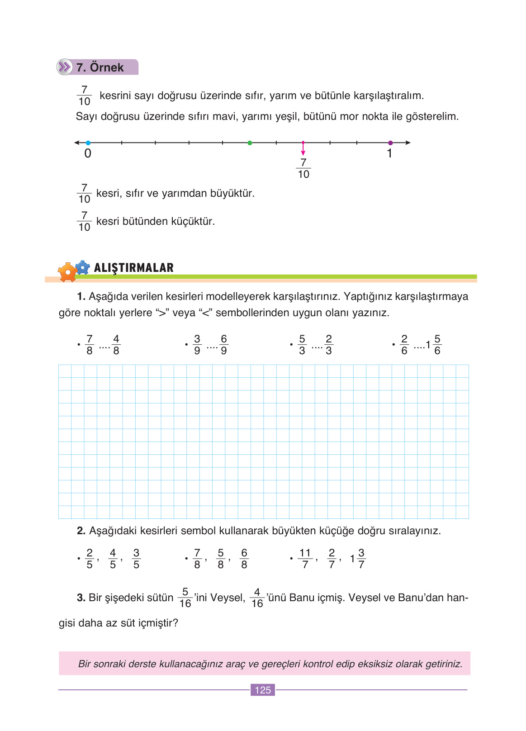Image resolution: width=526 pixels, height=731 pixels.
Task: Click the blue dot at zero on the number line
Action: [88, 143]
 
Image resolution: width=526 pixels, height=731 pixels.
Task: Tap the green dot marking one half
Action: [250, 143]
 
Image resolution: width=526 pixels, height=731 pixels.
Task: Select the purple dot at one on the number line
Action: [390, 143]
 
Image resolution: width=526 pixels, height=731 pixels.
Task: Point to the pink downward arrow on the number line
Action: [303, 149]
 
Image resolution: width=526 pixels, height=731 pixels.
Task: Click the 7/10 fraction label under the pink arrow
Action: [303, 168]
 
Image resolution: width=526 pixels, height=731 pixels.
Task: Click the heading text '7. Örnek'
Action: [100, 67]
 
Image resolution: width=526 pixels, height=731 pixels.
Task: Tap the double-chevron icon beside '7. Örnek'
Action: [65, 67]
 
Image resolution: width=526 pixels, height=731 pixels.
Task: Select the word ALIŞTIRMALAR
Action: [134, 268]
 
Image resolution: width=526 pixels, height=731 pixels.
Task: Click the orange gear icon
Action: [68, 272]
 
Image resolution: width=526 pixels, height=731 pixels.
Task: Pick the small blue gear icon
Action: [82, 267]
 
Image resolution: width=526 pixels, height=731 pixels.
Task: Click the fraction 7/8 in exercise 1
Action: [90, 345]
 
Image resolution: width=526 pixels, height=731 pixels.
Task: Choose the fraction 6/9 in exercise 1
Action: [223, 345]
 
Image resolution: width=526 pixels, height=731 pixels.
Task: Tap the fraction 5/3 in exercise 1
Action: [302, 345]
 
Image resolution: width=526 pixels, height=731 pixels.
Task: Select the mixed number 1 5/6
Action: [433, 345]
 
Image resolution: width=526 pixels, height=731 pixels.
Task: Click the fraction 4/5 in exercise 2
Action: [113, 559]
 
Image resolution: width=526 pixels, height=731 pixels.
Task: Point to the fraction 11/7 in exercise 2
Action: [305, 559]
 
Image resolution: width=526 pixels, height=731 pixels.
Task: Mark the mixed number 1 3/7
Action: [358, 559]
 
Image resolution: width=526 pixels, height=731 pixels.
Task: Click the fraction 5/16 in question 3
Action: [185, 598]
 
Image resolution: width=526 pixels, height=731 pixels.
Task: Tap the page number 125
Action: [263, 690]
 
